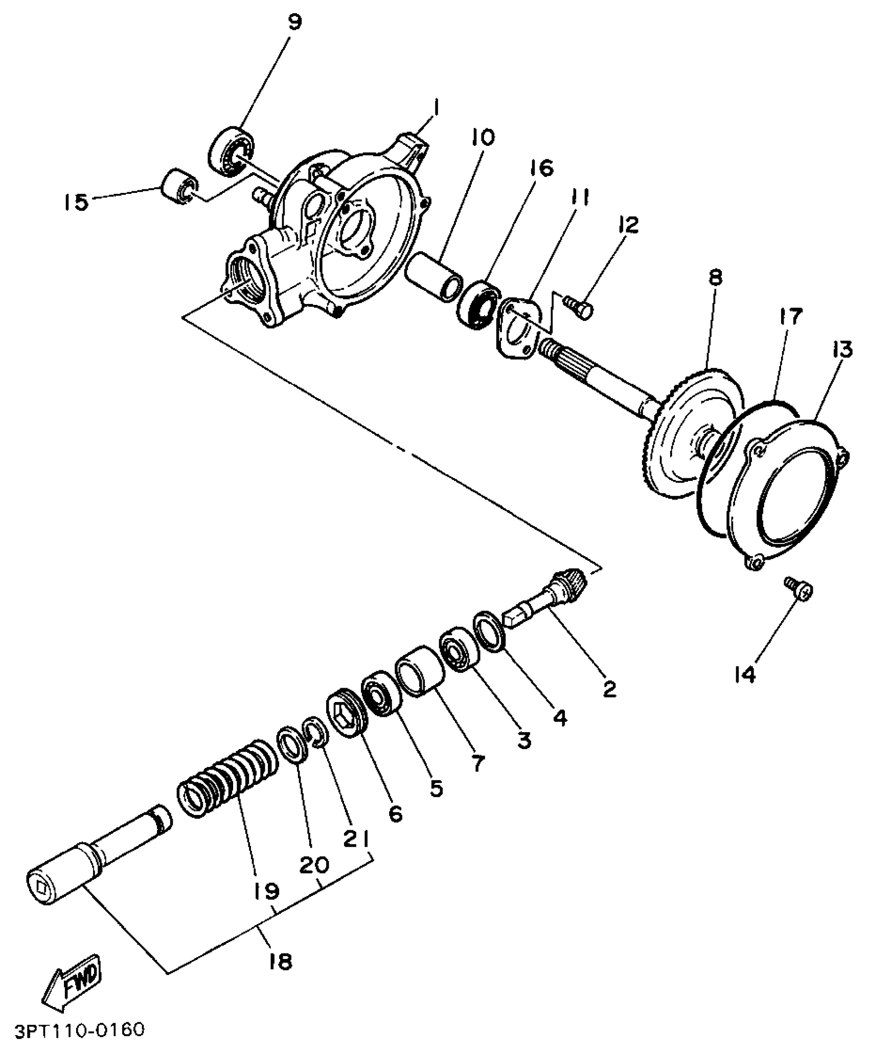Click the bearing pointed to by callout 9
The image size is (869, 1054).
click(x=232, y=150)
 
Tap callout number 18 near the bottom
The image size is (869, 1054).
click(x=280, y=962)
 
